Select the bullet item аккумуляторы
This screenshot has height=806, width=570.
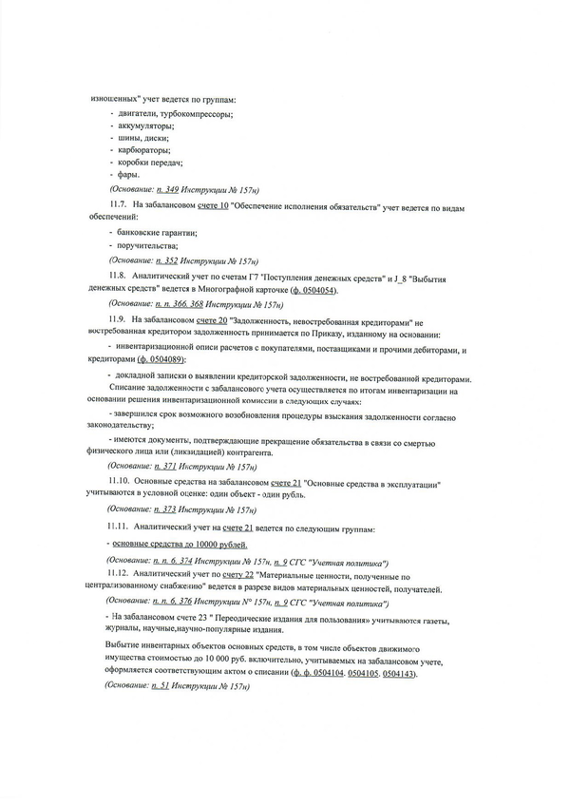[144, 125]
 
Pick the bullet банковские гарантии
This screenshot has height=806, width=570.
[158, 232]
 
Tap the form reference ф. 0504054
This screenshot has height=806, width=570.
[309, 289]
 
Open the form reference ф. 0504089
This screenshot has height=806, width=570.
[161, 361]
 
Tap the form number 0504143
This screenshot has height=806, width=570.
[395, 672]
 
